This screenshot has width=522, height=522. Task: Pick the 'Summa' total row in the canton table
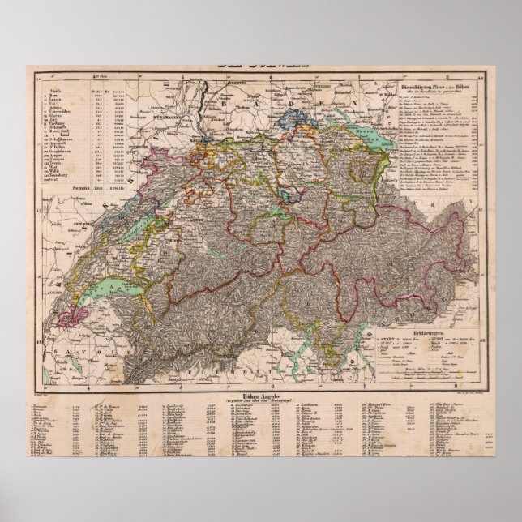pos(80,187)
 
